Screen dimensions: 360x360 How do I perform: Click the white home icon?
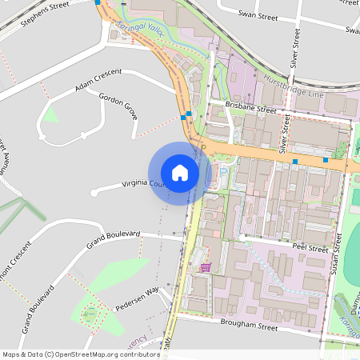pyautogui.click(x=180, y=173)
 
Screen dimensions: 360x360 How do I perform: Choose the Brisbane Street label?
pyautogui.click(x=250, y=107)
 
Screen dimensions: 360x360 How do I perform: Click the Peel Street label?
pyautogui.click(x=310, y=249)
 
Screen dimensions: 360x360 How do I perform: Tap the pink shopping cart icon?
pyautogui.click(x=206, y=267)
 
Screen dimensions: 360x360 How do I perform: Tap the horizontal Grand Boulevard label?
pyautogui.click(x=114, y=238)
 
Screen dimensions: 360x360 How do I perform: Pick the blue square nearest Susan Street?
pyautogui.click(x=326, y=160)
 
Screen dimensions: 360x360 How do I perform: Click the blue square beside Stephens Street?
pyautogui.click(x=98, y=2)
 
